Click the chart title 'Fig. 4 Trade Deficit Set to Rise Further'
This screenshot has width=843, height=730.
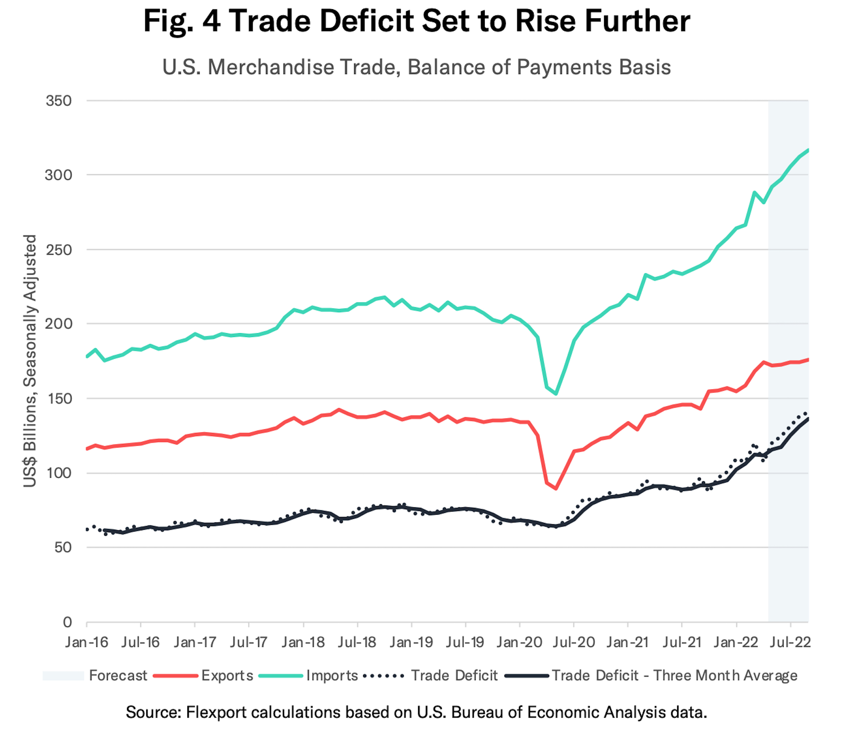coord(416,21)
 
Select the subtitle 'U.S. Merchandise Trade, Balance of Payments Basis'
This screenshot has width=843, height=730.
coord(416,67)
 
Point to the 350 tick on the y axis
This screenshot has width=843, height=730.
coord(59,101)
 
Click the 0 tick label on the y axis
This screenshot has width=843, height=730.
coord(67,622)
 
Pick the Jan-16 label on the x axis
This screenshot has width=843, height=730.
coord(86,642)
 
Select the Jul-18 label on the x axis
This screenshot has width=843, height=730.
coord(357,642)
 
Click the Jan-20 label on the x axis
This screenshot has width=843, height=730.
coord(520,642)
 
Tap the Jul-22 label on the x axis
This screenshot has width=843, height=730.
coord(790,642)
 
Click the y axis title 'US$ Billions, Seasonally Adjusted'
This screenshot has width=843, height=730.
coord(30,361)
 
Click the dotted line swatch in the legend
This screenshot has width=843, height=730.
coord(383,676)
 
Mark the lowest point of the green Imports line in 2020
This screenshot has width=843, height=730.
coord(556,394)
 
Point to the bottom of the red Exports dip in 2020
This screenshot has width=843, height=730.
coord(556,489)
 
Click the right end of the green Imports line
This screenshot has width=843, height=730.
coord(808,150)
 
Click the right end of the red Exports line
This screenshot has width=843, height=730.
coord(808,360)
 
